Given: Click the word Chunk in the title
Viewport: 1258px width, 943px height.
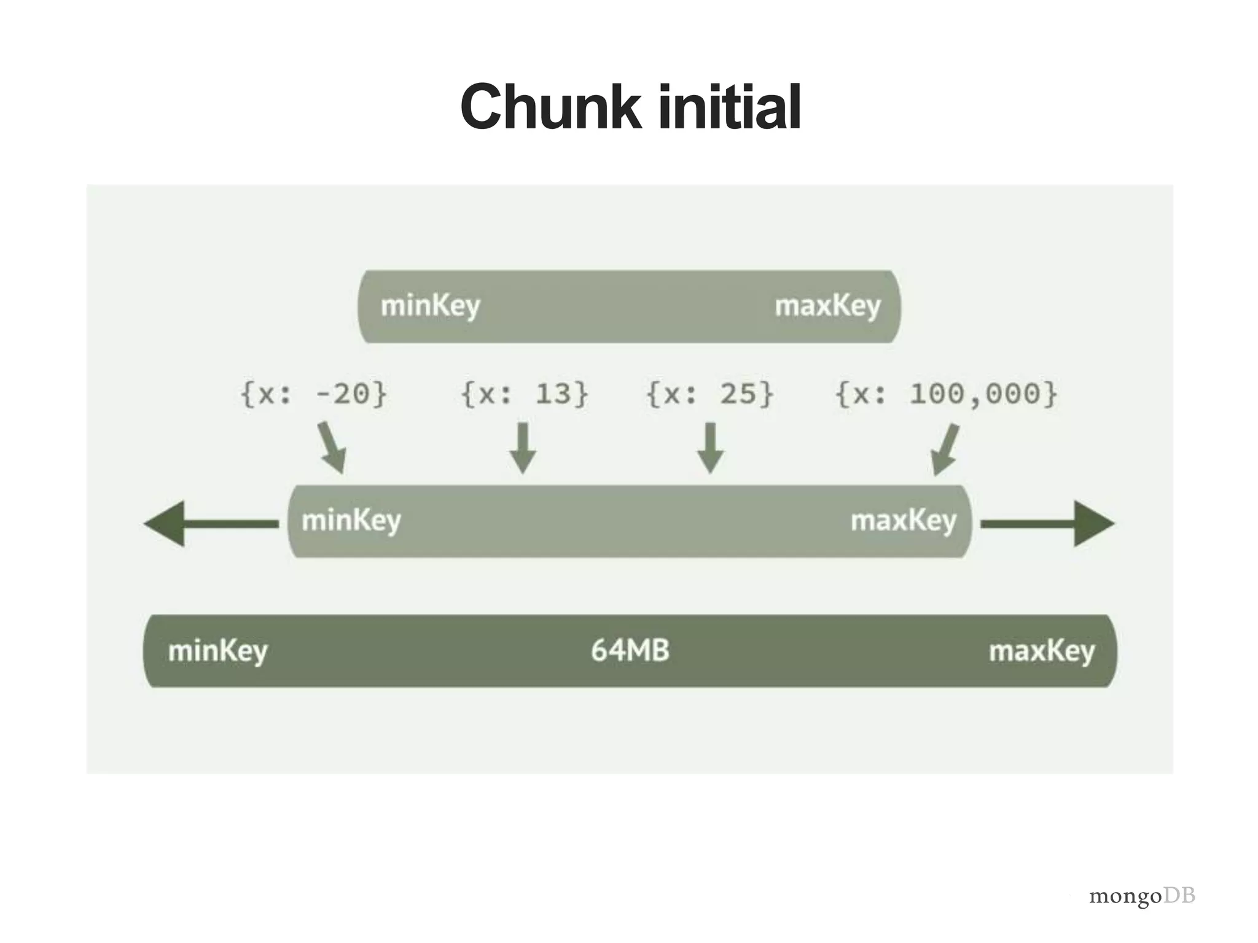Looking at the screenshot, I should (x=550, y=107).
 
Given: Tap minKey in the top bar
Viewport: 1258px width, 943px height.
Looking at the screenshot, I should (x=430, y=306).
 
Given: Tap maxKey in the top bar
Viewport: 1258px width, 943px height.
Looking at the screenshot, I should (x=827, y=306).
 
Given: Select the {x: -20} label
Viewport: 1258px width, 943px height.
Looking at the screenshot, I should (x=314, y=394).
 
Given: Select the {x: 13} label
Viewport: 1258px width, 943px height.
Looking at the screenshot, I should (x=525, y=394).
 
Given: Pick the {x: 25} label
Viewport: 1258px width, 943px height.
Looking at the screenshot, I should (x=710, y=394).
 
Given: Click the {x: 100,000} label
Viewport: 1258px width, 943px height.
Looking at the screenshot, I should (x=946, y=394).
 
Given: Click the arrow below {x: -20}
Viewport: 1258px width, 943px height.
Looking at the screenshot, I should (x=332, y=448).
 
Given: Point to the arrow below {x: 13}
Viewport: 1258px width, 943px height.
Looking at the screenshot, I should (x=523, y=448).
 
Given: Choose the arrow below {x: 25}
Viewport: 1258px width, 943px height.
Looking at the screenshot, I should (x=710, y=448).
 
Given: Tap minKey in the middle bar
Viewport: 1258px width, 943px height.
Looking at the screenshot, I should (x=351, y=521).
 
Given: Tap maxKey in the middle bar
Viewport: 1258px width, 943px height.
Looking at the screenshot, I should (x=903, y=521).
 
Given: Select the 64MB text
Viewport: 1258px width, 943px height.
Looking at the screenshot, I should (x=630, y=650).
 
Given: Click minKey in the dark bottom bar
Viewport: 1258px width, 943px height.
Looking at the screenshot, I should (x=217, y=651).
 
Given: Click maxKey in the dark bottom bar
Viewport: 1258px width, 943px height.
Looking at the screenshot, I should (x=1041, y=651).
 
